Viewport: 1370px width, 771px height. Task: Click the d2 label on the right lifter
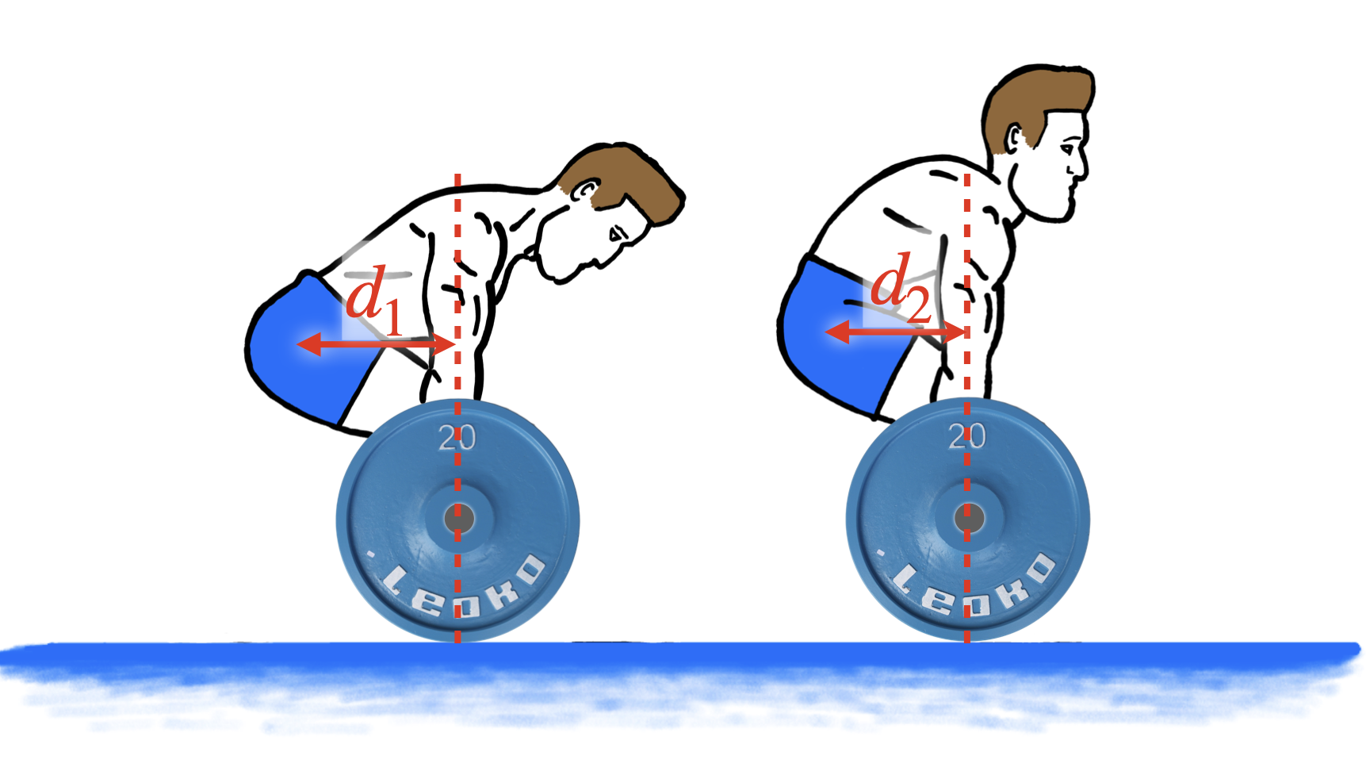pos(901,289)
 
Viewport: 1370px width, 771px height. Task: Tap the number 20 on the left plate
pos(457,438)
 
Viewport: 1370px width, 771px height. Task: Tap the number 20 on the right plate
pos(967,436)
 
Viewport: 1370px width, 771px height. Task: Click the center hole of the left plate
pos(459,520)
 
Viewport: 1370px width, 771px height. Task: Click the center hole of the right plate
pos(969,519)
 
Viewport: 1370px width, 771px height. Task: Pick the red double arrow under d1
pos(375,344)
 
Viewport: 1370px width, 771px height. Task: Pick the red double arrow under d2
pos(895,332)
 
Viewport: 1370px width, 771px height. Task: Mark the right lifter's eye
pos(1070,145)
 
